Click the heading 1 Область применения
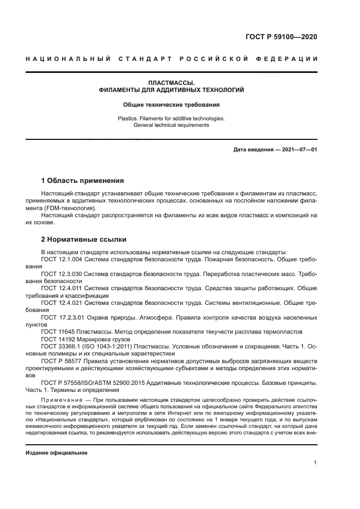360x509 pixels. click(x=83, y=180)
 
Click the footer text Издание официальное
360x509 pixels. click(x=57, y=452)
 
